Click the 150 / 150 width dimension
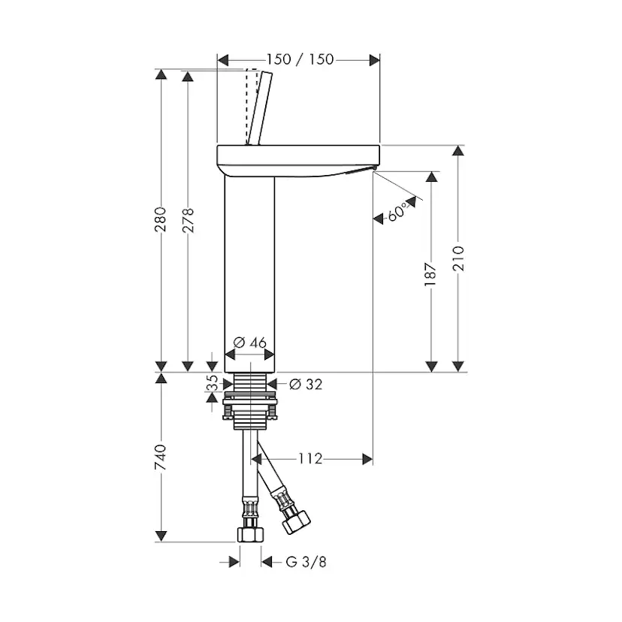pyautogui.click(x=300, y=59)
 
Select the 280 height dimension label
pyautogui.click(x=161, y=219)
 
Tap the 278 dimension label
pyautogui.click(x=188, y=220)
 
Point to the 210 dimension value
pyautogui.click(x=458, y=258)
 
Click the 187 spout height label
pyautogui.click(x=430, y=274)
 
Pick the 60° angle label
pyautogui.click(x=397, y=211)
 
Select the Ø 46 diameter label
pyautogui.click(x=250, y=343)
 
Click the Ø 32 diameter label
pyautogui.click(x=306, y=384)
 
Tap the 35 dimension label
pyautogui.click(x=213, y=383)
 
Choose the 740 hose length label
pyautogui.click(x=161, y=457)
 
